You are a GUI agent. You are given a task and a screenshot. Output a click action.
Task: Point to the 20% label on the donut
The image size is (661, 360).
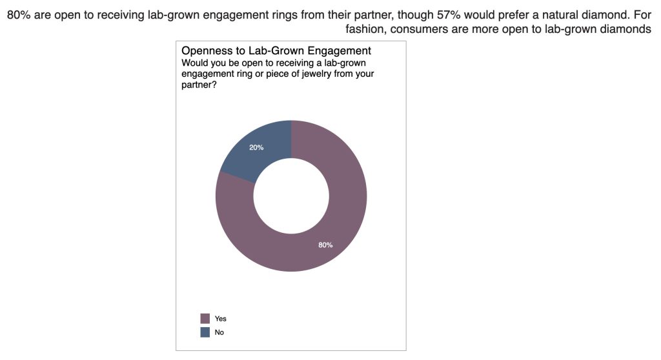tap(256, 148)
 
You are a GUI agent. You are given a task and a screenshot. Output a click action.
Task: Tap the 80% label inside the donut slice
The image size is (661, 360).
tap(325, 245)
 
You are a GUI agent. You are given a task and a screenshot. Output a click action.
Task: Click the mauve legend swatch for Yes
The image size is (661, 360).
tap(205, 319)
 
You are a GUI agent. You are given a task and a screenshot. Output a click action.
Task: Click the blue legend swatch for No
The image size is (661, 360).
tap(205, 332)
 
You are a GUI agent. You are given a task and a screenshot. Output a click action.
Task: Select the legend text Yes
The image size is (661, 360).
tap(221, 319)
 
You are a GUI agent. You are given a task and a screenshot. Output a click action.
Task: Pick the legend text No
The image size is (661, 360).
tap(219, 332)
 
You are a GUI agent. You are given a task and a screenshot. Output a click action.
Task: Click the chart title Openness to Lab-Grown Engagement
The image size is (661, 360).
tap(276, 50)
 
